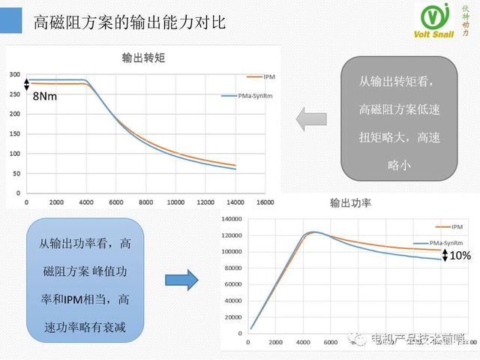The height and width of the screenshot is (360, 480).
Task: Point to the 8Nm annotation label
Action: coord(45,97)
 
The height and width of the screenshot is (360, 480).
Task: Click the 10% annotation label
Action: coord(460,256)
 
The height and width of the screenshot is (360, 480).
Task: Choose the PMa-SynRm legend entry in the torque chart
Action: coord(247,95)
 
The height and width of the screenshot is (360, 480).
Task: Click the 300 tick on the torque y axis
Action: coord(15,74)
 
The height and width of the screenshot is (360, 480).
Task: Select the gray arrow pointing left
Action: coord(311,118)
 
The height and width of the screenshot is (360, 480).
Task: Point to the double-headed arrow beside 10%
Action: coord(445,255)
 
